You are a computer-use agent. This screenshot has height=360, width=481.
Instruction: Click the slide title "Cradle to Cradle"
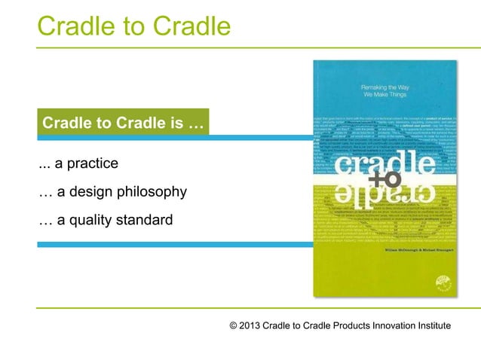pyautogui.click(x=133, y=26)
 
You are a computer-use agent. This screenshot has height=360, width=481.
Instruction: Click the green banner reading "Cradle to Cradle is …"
pyautogui.click(x=122, y=124)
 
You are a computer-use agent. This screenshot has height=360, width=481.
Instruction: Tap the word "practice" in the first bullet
pyautogui.click(x=88, y=163)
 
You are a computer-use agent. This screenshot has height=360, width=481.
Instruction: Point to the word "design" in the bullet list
pyautogui.click(x=90, y=192)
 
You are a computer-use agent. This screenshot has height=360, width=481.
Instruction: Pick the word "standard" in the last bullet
pyautogui.click(x=146, y=220)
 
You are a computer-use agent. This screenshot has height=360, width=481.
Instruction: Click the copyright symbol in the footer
pyautogui.click(x=234, y=325)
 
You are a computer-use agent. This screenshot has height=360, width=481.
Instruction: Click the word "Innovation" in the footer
pyautogui.click(x=384, y=325)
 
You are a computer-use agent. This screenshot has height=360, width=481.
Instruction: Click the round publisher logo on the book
pyautogui.click(x=441, y=282)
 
